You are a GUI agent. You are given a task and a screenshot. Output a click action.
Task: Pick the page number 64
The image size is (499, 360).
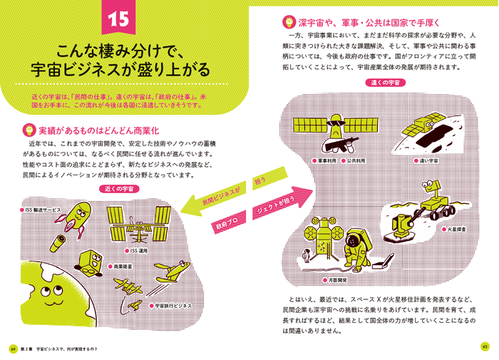coord(13,349)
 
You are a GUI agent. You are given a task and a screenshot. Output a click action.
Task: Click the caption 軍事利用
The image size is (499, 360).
coord(325,160)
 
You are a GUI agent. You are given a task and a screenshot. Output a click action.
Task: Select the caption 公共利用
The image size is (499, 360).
coord(354,160)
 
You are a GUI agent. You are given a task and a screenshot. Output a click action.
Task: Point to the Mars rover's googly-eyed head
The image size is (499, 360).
coord(431,187)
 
